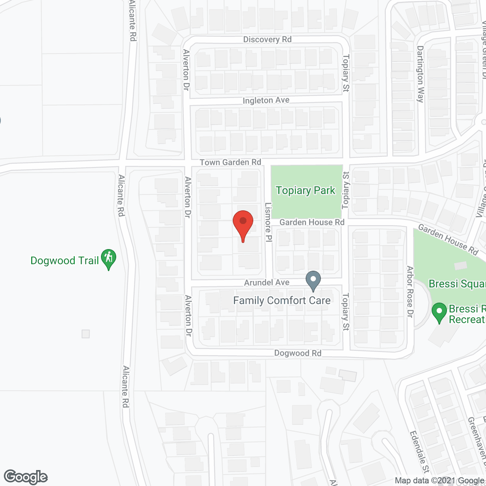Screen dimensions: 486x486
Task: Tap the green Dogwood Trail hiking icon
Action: pyautogui.click(x=109, y=259)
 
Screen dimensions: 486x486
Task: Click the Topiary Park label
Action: pyautogui.click(x=306, y=190)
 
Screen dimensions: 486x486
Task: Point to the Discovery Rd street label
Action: pyautogui.click(x=267, y=39)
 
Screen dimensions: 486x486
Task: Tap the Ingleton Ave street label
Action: pyautogui.click(x=266, y=100)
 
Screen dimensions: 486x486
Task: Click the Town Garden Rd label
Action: pyautogui.click(x=230, y=162)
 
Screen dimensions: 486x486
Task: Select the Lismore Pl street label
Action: pyautogui.click(x=268, y=222)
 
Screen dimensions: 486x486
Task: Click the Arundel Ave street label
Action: pyautogui.click(x=267, y=282)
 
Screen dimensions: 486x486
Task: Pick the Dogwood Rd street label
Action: pyautogui.click(x=298, y=353)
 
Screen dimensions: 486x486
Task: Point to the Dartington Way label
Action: pyautogui.click(x=420, y=74)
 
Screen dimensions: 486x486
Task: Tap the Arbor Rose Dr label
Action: pyautogui.click(x=410, y=292)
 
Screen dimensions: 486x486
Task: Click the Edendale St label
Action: pyautogui.click(x=419, y=452)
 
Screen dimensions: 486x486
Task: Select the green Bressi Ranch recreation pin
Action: pyautogui.click(x=439, y=312)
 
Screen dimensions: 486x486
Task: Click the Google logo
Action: pyautogui.click(x=26, y=477)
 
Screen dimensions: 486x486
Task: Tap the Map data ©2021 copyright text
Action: pyautogui.click(x=439, y=481)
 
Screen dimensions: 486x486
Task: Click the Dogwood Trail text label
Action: pyautogui.click(x=65, y=260)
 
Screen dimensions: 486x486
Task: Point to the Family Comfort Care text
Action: pyautogui.click(x=282, y=300)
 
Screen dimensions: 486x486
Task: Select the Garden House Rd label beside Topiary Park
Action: pyautogui.click(x=312, y=222)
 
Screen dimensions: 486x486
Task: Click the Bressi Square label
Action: pyautogui.click(x=457, y=284)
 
